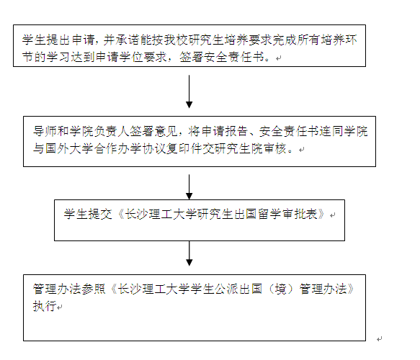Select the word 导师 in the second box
45,131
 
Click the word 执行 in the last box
45,306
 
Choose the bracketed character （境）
281,289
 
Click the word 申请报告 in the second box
225,131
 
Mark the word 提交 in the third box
100,214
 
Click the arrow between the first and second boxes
189,91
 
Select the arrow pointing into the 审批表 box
189,187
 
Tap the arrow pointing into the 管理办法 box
189,253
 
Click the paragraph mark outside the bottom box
379,339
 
